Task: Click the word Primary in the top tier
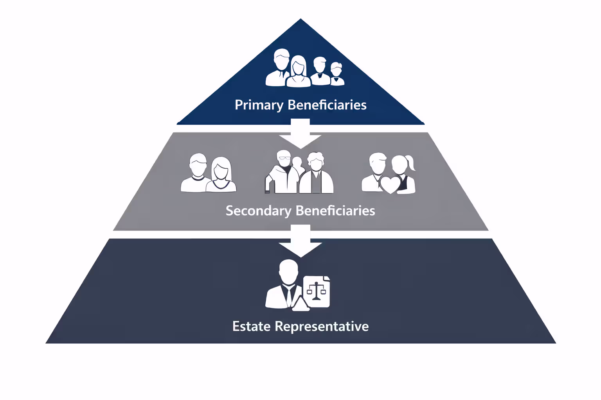259,105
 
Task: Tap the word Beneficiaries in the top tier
327,105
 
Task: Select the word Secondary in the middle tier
258,211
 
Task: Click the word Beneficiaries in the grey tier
335,211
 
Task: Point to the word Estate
251,326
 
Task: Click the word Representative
322,326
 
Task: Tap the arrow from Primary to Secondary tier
300,135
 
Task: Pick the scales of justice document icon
317,291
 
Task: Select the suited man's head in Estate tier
288,272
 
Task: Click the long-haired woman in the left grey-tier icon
221,175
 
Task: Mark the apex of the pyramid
300,20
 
